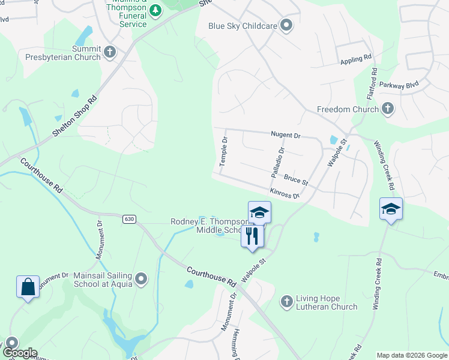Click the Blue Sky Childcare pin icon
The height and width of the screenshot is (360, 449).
[286, 26]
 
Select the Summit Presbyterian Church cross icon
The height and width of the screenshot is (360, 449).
[109, 53]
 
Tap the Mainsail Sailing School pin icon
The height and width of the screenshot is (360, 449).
[141, 278]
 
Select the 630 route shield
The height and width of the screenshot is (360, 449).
[129, 219]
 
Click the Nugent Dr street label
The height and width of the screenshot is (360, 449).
[285, 136]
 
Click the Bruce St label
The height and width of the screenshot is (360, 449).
[296, 179]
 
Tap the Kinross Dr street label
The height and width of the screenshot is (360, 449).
[285, 193]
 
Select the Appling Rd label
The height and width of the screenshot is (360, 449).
[356, 60]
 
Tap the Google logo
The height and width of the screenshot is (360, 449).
[19, 353]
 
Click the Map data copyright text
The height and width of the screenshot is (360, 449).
[411, 355]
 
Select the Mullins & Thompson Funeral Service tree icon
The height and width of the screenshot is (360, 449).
[155, 11]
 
